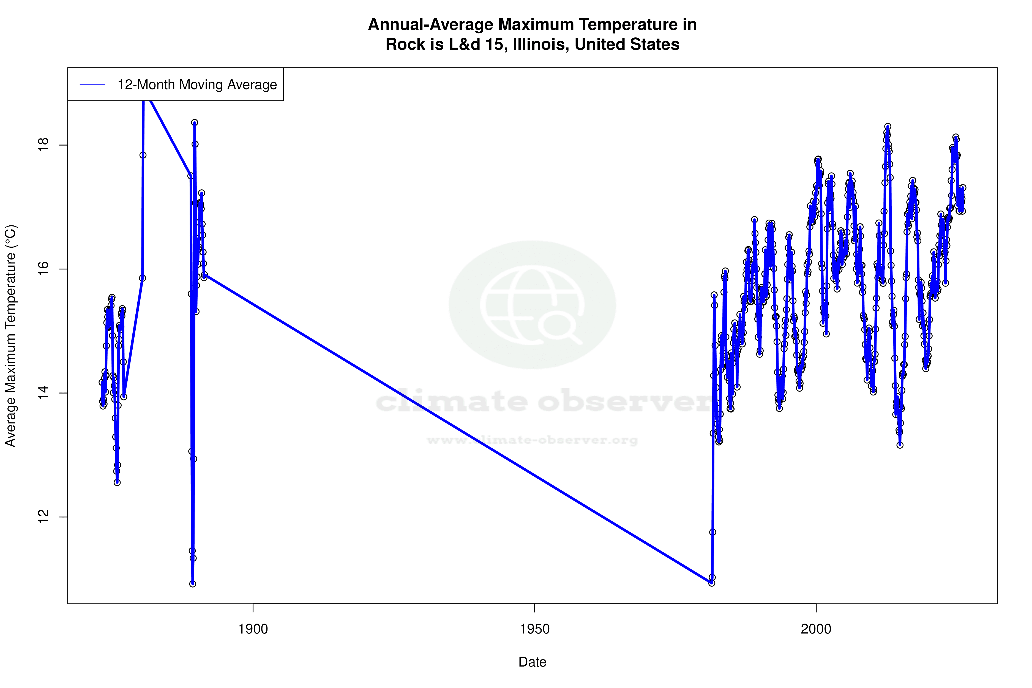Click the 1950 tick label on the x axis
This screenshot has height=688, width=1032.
click(534, 629)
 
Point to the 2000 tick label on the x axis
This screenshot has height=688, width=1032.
click(816, 629)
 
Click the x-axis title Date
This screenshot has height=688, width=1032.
click(532, 662)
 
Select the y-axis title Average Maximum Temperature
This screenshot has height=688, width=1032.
click(10, 336)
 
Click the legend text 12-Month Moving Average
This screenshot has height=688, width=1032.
click(197, 85)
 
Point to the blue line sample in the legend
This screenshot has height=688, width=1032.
click(92, 85)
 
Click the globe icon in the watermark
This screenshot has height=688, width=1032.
click(532, 305)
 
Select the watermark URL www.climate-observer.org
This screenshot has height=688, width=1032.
click(532, 440)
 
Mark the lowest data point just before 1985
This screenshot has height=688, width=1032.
click(712, 583)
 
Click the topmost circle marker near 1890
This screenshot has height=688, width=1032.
click(194, 122)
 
